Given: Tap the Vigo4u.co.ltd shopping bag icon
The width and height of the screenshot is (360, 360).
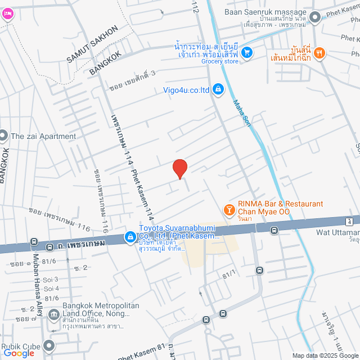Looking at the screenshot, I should click(218, 89).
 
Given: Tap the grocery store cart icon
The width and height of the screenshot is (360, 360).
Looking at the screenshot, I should click(246, 53).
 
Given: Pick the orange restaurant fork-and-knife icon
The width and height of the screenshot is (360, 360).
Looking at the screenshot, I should click(319, 53).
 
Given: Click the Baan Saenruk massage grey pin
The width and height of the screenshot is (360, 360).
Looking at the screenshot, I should click(315, 17).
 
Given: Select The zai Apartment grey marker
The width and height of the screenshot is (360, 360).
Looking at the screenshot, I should click(3, 136).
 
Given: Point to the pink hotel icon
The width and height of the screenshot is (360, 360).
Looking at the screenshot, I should click(7, 15).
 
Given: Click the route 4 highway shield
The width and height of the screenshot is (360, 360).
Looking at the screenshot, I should click(350, 220).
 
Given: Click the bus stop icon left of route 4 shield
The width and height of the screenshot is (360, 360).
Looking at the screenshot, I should click(274, 229).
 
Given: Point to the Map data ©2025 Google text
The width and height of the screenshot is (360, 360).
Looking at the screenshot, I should click(324, 355).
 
